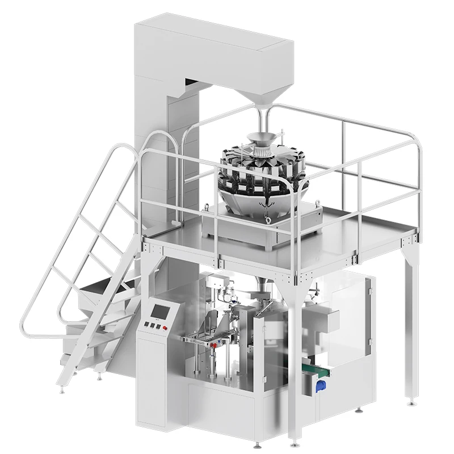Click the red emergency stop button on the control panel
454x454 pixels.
(165, 328)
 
